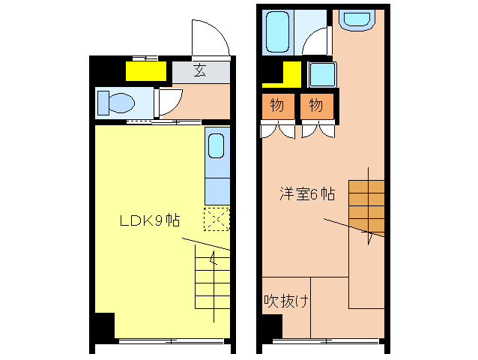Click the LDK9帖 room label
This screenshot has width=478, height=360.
pyautogui.click(x=150, y=220)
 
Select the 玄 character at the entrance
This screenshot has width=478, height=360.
pyautogui.click(x=200, y=71)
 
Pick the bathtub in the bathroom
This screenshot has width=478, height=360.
pyautogui.click(x=278, y=31)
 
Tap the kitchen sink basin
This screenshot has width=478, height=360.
pyautogui.click(x=217, y=145)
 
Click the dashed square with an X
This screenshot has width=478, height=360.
pyautogui.click(x=217, y=218)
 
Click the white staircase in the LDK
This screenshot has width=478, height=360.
pyautogui.click(x=212, y=278)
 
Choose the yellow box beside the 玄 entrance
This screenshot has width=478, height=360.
pyautogui.click(x=145, y=70)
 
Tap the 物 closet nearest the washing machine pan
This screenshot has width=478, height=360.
pyautogui.click(x=316, y=106)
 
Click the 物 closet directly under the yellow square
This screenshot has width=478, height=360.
pyautogui.click(x=277, y=106)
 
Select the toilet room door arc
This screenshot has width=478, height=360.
pyautogui.click(x=170, y=100)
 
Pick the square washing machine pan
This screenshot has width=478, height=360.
pyautogui.click(x=323, y=73)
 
